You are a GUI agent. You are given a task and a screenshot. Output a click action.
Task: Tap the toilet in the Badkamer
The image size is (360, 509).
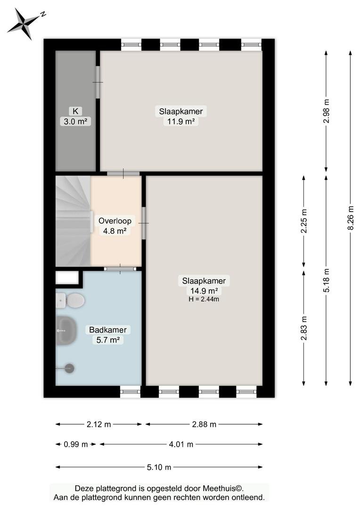70,301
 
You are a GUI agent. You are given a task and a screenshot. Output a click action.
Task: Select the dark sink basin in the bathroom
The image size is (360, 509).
66,330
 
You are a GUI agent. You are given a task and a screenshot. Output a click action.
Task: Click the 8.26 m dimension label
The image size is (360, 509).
350,218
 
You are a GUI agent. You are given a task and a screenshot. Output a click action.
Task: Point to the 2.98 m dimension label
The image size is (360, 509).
327,111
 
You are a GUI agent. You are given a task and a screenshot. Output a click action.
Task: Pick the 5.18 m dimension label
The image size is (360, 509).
327,280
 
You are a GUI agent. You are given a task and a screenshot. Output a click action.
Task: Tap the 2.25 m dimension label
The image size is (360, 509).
304,221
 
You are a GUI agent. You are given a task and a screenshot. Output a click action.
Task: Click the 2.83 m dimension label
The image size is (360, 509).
304,328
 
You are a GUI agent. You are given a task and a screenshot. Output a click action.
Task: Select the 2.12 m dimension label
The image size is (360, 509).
98,424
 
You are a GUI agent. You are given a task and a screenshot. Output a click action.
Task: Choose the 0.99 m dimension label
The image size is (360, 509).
76,444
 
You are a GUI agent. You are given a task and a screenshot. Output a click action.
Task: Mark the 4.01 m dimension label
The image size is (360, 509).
181,444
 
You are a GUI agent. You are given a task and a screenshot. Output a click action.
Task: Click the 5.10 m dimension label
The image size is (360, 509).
159,468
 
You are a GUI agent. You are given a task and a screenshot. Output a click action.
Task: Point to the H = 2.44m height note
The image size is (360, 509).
204,299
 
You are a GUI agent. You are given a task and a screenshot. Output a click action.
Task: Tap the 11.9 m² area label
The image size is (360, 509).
181,122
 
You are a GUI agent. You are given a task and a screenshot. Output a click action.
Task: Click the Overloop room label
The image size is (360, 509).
115,221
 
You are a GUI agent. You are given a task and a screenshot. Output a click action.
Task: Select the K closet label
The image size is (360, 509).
75,111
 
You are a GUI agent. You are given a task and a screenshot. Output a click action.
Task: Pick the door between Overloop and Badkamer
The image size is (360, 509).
120,269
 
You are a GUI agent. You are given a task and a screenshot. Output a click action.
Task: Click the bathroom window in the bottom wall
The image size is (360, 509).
130,392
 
